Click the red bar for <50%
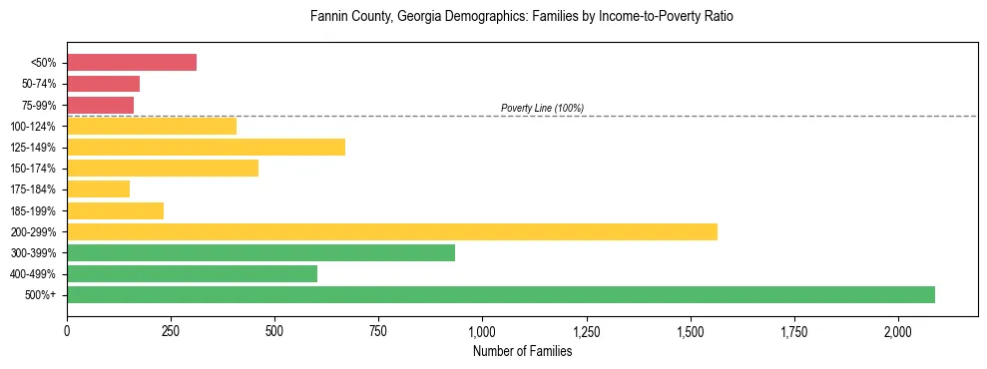(x=132, y=63)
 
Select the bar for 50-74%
(x=103, y=84)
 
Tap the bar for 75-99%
(x=100, y=105)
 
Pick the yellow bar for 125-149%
(x=206, y=148)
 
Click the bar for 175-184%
(x=98, y=189)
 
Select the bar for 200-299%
(x=391, y=231)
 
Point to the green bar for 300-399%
(x=260, y=252)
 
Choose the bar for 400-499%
(x=192, y=273)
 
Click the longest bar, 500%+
(x=500, y=294)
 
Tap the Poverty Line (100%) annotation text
(x=542, y=108)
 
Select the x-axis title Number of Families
(x=522, y=351)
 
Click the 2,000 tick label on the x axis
(x=898, y=330)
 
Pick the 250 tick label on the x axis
(x=171, y=330)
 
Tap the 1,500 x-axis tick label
(x=691, y=330)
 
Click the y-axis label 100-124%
(x=33, y=127)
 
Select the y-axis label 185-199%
(x=33, y=211)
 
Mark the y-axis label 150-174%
(x=33, y=169)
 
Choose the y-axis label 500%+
(x=41, y=295)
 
